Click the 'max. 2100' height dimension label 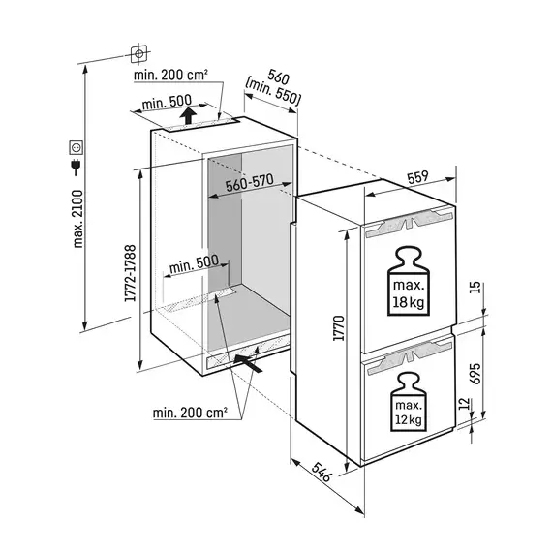pyautogui.click(x=77, y=219)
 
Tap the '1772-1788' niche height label pyautogui.click(x=131, y=273)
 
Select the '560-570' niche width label pyautogui.click(x=250, y=182)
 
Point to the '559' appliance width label pyautogui.click(x=417, y=177)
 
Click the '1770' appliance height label pyautogui.click(x=339, y=328)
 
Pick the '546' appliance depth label pyautogui.click(x=322, y=472)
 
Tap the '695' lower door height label pyautogui.click(x=475, y=374)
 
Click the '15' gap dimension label pyautogui.click(x=475, y=288)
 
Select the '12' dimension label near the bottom pyautogui.click(x=465, y=404)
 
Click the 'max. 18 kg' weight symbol pyautogui.click(x=409, y=281)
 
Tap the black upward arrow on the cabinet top pyautogui.click(x=188, y=116)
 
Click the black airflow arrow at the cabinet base pyautogui.click(x=248, y=363)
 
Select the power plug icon pyautogui.click(x=76, y=168)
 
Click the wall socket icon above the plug pyautogui.click(x=77, y=147)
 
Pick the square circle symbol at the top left pyautogui.click(x=139, y=54)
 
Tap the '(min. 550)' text pyautogui.click(x=273, y=92)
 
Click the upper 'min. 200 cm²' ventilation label pyautogui.click(x=170, y=75)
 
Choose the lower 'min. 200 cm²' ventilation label pyautogui.click(x=190, y=413)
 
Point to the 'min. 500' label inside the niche pyautogui.click(x=194, y=264)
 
